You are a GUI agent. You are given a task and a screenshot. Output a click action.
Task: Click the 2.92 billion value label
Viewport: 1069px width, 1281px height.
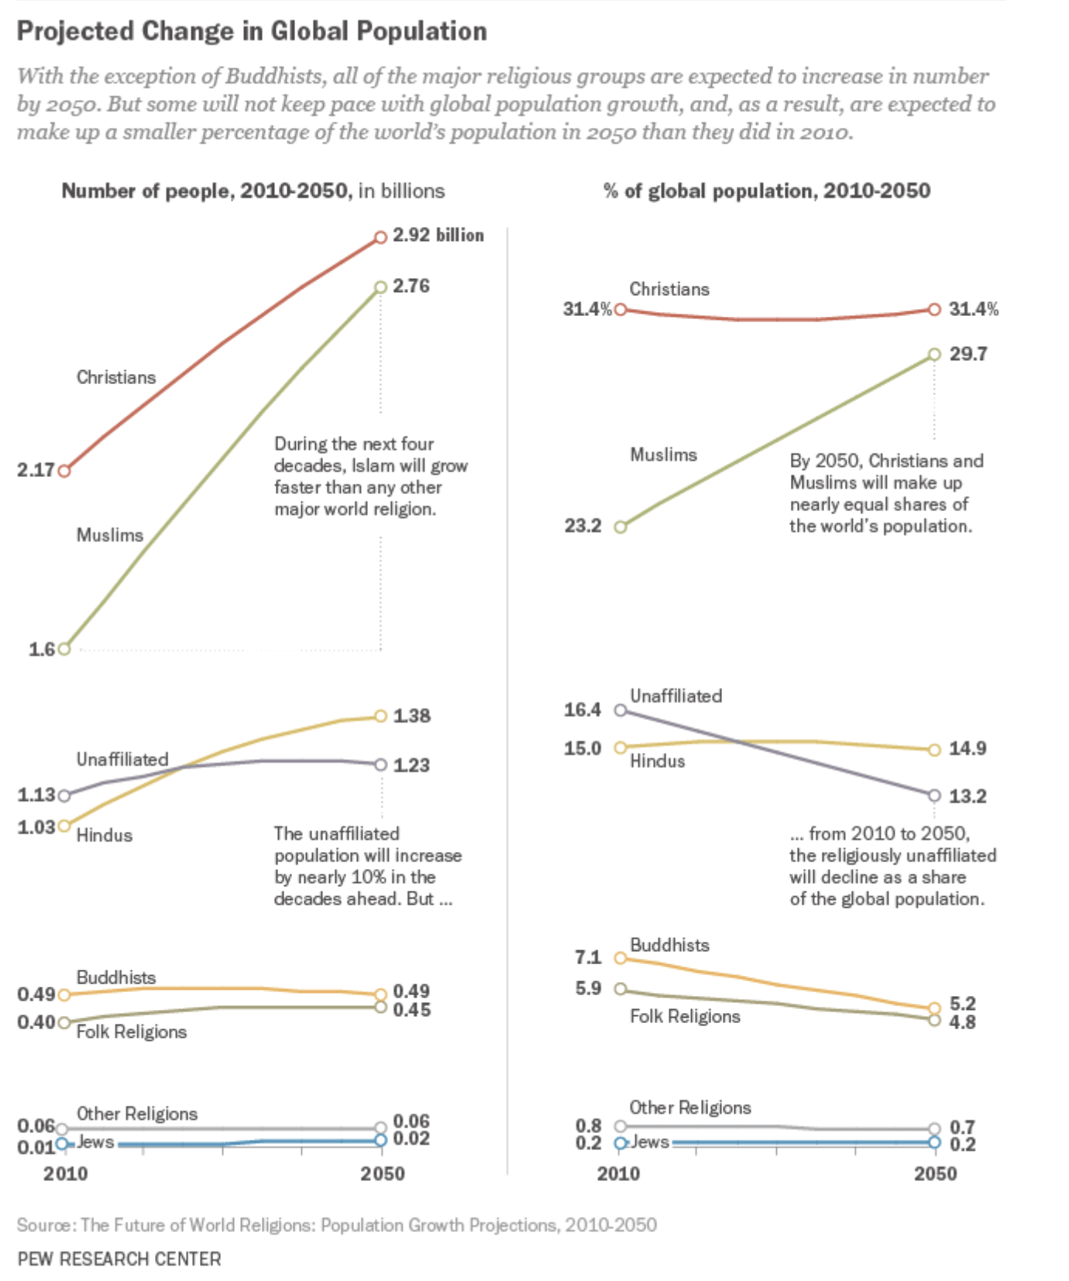pos(438,235)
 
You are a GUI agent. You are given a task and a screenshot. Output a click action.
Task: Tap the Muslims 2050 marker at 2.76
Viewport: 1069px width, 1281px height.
pos(380,287)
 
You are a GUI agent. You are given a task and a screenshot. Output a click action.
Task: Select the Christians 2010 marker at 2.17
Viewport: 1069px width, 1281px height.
pos(65,471)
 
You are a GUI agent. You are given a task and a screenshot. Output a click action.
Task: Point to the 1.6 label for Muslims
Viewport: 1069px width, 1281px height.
pos(42,650)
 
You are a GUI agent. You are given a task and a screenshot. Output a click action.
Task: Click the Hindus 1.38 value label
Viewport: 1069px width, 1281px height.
pos(411,716)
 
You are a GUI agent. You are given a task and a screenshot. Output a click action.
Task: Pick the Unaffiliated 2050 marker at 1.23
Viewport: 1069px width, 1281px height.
pos(380,765)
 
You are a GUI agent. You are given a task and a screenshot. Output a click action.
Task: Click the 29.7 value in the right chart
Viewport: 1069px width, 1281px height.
pos(968,355)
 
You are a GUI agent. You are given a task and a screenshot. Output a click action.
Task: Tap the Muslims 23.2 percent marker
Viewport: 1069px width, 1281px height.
pos(620,527)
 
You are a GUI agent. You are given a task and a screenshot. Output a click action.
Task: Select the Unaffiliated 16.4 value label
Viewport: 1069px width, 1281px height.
pos(583,710)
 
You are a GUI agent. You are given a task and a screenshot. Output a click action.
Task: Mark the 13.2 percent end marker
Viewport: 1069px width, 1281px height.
pos(934,795)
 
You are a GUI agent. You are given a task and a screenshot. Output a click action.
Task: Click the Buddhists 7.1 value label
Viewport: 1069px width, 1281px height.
pos(588,958)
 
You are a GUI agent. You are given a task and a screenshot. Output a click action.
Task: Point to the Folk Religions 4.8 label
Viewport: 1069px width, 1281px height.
pos(962,1022)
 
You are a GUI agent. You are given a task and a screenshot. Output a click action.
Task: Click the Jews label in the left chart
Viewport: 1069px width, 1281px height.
pos(95,1142)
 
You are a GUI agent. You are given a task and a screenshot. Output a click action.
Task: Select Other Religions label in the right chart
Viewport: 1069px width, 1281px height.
pos(689,1108)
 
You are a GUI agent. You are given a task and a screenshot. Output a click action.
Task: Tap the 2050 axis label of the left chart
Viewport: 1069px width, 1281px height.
pos(382,1174)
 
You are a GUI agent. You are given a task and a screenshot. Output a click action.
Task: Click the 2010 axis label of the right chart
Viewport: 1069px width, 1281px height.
pos(618,1174)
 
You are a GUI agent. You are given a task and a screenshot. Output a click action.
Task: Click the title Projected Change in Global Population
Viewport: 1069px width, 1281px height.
pos(252,32)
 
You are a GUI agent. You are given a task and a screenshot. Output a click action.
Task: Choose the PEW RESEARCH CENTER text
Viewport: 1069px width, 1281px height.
pos(119,1259)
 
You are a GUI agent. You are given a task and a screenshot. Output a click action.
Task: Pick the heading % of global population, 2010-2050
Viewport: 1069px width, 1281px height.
pos(767,191)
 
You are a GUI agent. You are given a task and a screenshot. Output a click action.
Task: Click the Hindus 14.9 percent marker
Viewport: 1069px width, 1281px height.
pos(934,750)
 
